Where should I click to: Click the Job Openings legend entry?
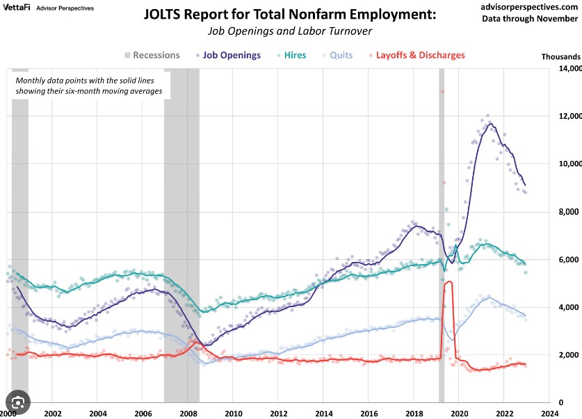232,56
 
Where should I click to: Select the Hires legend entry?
291,56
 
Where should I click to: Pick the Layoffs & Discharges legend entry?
420,56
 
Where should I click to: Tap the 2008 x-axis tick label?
188,412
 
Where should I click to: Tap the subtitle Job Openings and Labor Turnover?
289,31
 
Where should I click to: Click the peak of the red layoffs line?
448,281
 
